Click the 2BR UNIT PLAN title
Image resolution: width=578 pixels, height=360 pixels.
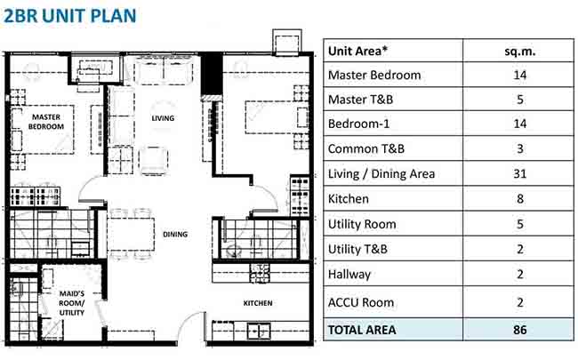[x=69, y=16]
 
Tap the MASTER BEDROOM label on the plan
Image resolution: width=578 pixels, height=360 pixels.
[x=46, y=122]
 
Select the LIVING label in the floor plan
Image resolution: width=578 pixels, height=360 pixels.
[x=163, y=118]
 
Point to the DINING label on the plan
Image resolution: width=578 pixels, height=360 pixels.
[x=175, y=235]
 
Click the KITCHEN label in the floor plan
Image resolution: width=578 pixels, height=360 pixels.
[x=258, y=303]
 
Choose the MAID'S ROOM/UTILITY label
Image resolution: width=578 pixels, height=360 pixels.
[x=72, y=303]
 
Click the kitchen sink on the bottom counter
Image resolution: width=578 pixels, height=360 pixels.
[x=259, y=332]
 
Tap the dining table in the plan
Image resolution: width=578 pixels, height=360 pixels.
[x=132, y=235]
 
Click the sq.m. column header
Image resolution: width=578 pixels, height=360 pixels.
[x=520, y=51]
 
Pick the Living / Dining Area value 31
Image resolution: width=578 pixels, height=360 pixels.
[x=520, y=173]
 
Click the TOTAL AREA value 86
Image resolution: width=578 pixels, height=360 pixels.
[x=520, y=330]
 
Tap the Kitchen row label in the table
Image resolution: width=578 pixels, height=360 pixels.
[x=349, y=199]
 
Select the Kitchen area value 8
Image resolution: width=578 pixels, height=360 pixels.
[x=520, y=199]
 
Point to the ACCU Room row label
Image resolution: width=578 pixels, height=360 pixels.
[x=361, y=302]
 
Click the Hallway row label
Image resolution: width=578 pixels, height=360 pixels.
[x=349, y=275]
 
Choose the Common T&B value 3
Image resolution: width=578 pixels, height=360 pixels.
[x=520, y=148]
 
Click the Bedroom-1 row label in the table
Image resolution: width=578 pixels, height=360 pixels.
[x=358, y=124]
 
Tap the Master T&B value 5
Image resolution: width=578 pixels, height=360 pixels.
[x=520, y=100]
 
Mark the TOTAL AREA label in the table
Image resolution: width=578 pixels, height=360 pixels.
[x=362, y=330]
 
